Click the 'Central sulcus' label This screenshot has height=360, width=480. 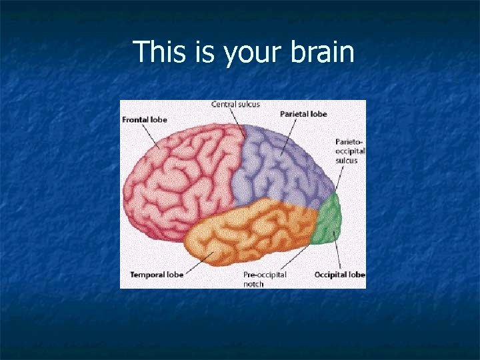click(x=235, y=104)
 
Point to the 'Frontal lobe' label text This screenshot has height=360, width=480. click(x=145, y=120)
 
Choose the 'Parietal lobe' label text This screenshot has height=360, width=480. click(x=303, y=114)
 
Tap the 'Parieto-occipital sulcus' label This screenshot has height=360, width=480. click(x=351, y=151)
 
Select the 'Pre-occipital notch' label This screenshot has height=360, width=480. click(x=264, y=279)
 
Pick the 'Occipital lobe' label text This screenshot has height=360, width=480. click(x=340, y=275)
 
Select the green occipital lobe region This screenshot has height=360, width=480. click(x=329, y=220)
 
